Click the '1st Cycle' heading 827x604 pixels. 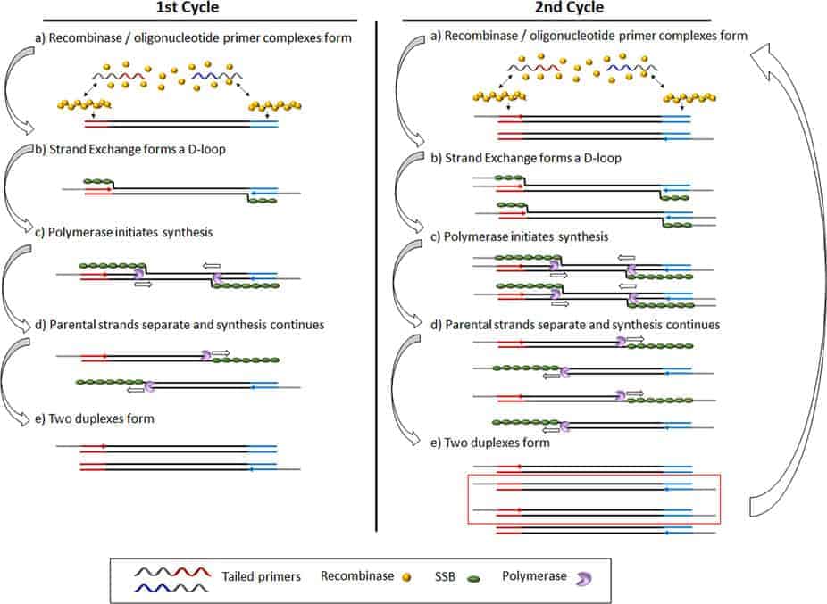point(188,7)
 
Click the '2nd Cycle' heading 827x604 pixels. point(569,7)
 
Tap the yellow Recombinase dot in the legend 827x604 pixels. point(406,577)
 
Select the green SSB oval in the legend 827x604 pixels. point(473,579)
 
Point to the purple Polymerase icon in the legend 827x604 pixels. point(583,579)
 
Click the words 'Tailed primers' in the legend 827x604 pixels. point(261,576)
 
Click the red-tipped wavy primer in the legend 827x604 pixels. point(172,572)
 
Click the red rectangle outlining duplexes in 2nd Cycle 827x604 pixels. point(594,475)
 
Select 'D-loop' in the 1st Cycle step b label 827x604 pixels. point(207,149)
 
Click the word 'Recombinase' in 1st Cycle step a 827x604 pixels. point(86,38)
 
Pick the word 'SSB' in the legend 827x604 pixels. point(445,576)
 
